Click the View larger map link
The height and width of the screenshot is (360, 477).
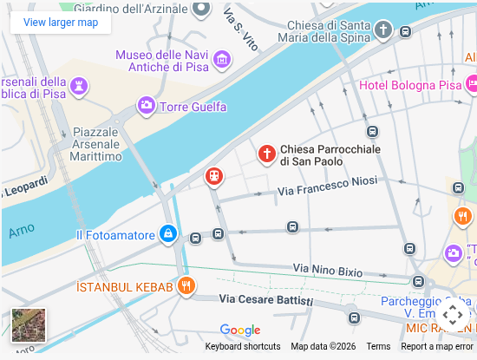coord(61,23)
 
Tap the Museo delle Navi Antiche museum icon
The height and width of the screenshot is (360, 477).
coord(223,60)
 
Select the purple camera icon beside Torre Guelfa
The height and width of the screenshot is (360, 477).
coord(147,106)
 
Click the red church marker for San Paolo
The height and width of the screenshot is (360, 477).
coord(267,154)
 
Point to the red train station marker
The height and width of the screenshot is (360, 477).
coord(213,177)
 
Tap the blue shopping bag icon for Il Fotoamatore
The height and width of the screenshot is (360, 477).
coord(168,234)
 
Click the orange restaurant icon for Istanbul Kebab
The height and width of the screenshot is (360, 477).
coord(185,285)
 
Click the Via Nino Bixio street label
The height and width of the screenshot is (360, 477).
coord(328,271)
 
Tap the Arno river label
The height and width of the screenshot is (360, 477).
coord(22,231)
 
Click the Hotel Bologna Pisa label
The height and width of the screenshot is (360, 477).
coord(410,86)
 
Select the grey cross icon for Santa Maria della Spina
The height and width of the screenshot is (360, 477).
coord(382,31)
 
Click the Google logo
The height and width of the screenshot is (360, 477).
coord(240,331)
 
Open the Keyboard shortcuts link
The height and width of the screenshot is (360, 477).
coord(243,347)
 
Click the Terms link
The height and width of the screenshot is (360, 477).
coord(378,347)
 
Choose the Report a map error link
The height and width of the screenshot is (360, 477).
coord(437,347)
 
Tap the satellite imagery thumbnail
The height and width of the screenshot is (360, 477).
coord(29,325)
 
